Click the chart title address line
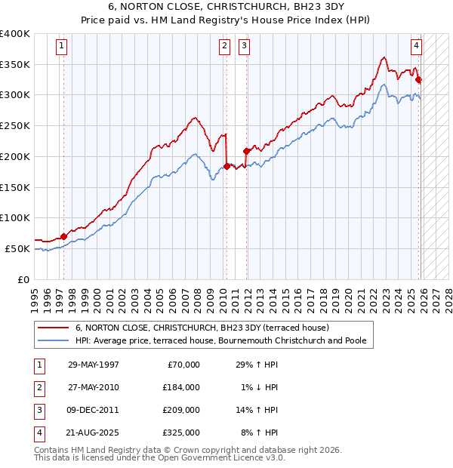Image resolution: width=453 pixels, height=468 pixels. (226, 8)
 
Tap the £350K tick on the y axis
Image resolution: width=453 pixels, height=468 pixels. (15, 65)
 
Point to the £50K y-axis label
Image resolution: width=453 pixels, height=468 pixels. (17, 248)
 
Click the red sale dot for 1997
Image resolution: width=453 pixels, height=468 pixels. (63, 236)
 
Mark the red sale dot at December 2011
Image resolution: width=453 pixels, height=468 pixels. (246, 151)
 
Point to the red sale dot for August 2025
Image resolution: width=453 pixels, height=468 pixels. (418, 80)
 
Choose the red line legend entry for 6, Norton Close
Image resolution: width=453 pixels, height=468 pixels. (202, 328)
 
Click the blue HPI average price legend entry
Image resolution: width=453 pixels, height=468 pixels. (220, 340)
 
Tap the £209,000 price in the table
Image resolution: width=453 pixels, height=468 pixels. (181, 410)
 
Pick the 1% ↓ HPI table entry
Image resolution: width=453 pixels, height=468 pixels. (257, 387)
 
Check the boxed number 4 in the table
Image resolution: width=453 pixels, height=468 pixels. (39, 433)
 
